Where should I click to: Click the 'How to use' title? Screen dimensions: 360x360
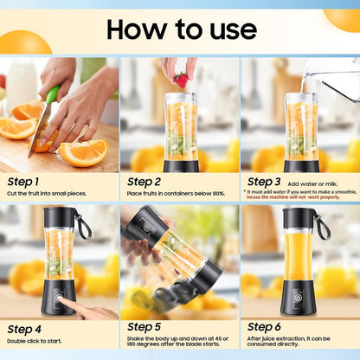[x=181, y=29]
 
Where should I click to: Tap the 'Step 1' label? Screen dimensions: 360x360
[x=23, y=182]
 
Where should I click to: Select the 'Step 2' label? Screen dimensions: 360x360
[x=144, y=182]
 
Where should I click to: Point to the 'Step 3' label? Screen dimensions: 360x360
[x=264, y=182]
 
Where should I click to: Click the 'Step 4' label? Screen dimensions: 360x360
[x=23, y=329]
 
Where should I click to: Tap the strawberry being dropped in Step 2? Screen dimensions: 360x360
[x=181, y=80]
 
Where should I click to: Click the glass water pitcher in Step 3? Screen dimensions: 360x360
[x=333, y=76]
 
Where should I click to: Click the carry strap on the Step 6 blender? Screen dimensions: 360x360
[x=322, y=227]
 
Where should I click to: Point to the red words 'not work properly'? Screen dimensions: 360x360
[x=327, y=197]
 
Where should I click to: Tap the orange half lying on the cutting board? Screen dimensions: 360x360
[x=83, y=153]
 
